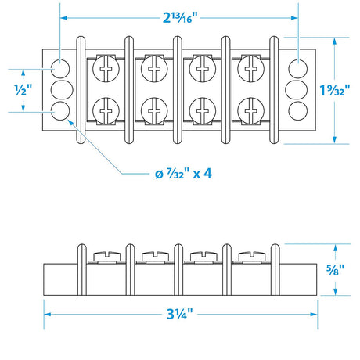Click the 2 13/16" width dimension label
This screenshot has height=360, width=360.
pyautogui.click(x=179, y=16)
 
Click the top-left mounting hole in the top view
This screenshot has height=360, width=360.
pyautogui.click(x=59, y=66)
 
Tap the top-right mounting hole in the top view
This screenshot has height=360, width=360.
pyautogui.click(x=299, y=66)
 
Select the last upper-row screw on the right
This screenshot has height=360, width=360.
pyautogui.click(x=253, y=70)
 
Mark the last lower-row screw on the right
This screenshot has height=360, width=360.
pyautogui.click(x=253, y=107)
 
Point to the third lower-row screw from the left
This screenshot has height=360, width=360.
pyautogui.click(x=203, y=107)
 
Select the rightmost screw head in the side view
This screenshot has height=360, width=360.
pyautogui.click(x=253, y=255)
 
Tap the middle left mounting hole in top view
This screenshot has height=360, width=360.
pyautogui.click(x=59, y=88)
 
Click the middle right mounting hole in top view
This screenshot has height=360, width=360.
pyautogui.click(x=299, y=88)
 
